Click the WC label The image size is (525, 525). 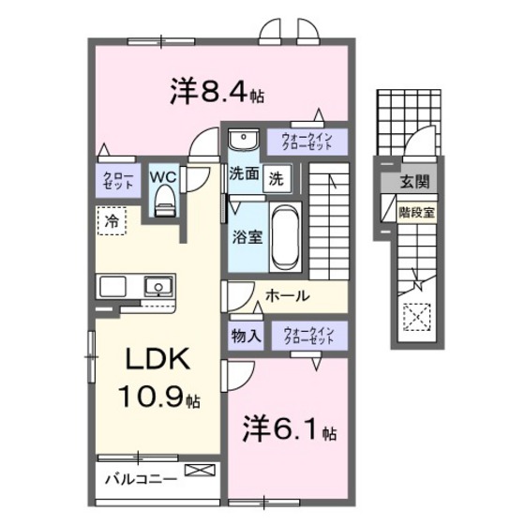pyautogui.click(x=165, y=175)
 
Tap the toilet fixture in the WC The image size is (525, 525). pyautogui.click(x=165, y=200)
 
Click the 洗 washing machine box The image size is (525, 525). pyautogui.click(x=277, y=175)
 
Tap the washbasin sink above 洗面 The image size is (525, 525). pyautogui.click(x=244, y=142)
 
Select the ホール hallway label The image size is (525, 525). pyautogui.click(x=288, y=295)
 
